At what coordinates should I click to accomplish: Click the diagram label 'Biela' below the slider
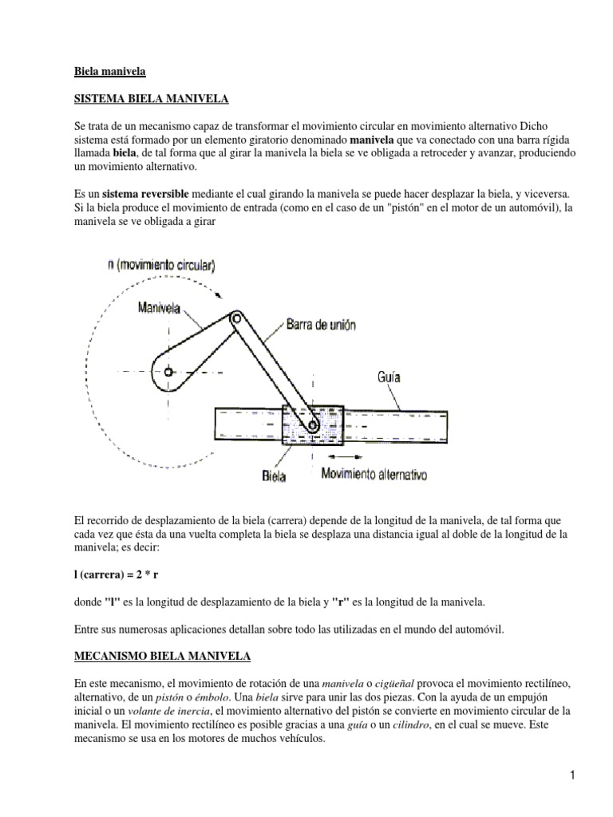(x=274, y=476)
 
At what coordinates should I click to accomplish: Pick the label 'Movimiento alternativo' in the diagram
(x=374, y=475)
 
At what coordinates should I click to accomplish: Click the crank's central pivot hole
(x=169, y=371)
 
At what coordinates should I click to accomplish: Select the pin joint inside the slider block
(x=313, y=428)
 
